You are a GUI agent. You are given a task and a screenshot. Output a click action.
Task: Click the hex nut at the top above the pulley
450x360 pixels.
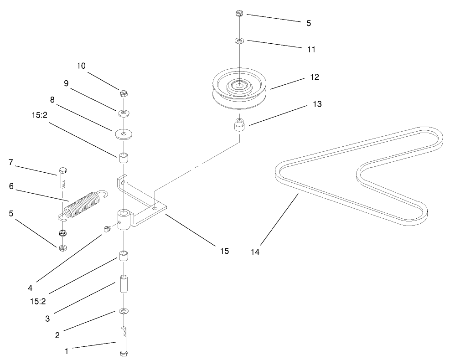[239, 14]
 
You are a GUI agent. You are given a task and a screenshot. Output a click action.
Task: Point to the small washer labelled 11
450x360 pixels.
[239, 41]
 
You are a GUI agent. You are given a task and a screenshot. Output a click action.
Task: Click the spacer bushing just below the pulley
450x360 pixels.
[239, 124]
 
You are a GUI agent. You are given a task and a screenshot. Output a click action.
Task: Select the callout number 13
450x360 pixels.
[317, 104]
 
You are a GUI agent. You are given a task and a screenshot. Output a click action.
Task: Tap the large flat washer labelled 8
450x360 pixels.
[123, 134]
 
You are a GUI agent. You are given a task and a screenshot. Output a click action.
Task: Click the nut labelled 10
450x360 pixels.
[123, 94]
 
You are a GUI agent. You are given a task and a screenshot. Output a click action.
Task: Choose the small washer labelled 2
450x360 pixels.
[124, 311]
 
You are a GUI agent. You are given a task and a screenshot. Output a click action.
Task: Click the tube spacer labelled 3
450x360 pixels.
[124, 285]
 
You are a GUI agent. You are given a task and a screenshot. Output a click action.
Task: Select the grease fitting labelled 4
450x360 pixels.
[108, 229]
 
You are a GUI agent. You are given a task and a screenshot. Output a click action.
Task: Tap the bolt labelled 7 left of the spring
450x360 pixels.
[63, 178]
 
